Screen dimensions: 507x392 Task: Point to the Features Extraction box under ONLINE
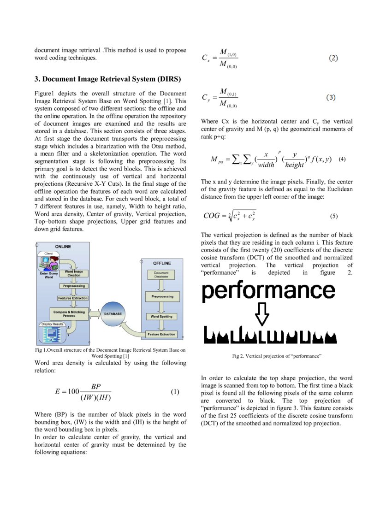click(73, 298)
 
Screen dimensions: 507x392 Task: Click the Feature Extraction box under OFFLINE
click(161, 334)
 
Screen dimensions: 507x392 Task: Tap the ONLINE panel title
click(63, 247)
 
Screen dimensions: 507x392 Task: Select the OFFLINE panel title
click(162, 263)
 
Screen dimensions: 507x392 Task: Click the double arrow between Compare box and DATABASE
click(94, 313)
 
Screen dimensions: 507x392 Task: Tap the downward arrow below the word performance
click(262, 313)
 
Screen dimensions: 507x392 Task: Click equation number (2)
click(333, 59)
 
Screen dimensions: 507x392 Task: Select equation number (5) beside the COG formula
click(334, 216)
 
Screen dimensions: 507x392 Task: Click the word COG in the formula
click(212, 216)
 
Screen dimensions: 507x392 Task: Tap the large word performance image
click(268, 291)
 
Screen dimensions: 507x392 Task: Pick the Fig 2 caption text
click(276, 356)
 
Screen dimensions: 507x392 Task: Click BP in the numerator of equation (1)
click(96, 386)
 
